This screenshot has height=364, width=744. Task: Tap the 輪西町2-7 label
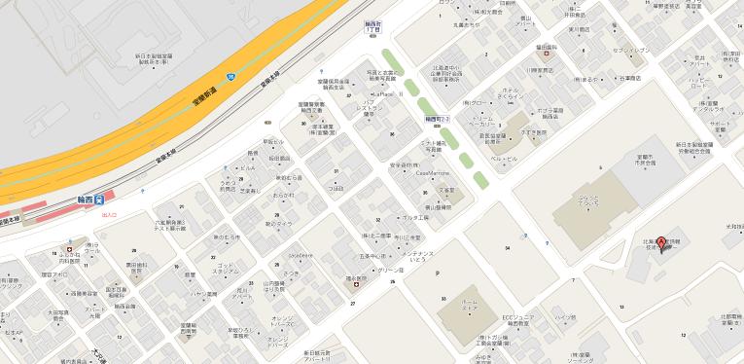[x=438, y=119]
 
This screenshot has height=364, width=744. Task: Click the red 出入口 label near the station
[x=108, y=214]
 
